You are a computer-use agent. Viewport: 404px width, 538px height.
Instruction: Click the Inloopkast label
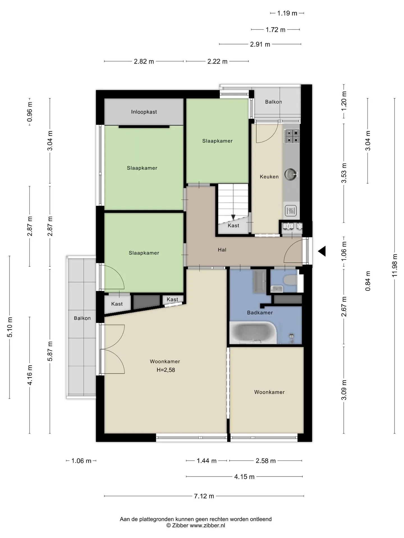point(144,112)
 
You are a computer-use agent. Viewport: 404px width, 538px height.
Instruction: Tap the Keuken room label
point(269,177)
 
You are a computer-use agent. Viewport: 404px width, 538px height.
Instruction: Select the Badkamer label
point(260,312)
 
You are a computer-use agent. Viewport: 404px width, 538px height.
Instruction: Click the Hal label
point(222,250)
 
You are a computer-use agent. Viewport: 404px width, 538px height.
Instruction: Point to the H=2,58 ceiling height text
point(166,370)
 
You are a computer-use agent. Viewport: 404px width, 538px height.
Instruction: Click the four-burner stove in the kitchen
point(292,136)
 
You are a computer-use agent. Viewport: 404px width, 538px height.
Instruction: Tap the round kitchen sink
point(291,174)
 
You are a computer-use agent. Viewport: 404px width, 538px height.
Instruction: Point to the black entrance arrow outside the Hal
point(322,251)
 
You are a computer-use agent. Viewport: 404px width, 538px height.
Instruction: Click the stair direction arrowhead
point(233,217)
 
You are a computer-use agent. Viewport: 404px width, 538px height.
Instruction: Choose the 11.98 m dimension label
point(395,265)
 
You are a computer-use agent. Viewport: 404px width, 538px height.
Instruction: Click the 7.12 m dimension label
point(204,496)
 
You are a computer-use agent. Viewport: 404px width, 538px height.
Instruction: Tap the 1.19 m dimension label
point(287,13)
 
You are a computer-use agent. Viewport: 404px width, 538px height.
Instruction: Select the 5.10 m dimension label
point(10,327)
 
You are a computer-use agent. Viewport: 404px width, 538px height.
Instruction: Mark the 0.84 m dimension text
point(368,281)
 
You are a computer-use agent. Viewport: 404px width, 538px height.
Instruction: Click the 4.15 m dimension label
point(244,477)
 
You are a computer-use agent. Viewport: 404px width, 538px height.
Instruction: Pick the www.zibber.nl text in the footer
point(207,525)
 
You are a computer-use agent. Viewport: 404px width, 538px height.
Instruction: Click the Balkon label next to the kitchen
point(274,102)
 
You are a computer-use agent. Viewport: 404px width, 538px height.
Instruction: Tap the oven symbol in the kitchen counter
point(291,211)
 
